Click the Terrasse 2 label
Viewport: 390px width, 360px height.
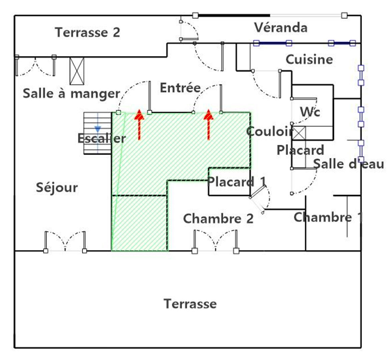[87, 33]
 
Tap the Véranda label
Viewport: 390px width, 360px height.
[281, 27]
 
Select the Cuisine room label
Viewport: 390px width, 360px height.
[309, 59]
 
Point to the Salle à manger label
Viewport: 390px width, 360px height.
[71, 94]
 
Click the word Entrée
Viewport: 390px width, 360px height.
[180, 88]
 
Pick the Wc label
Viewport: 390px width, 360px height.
[310, 112]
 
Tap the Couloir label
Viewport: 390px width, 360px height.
[270, 131]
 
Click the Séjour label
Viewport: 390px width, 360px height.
[57, 188]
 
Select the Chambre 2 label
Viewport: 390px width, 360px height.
[218, 219]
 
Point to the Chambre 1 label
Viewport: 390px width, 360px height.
[328, 217]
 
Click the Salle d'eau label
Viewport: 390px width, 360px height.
[348, 164]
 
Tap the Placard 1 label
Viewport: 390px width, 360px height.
[237, 182]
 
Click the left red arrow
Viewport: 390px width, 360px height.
[139, 125]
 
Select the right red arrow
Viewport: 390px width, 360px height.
[209, 125]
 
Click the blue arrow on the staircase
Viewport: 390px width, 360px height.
[98, 129]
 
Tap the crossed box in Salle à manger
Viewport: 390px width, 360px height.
[77, 71]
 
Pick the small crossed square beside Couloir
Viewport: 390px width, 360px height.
[299, 133]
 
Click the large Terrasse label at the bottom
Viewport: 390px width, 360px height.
[190, 304]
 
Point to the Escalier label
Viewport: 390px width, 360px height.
[101, 138]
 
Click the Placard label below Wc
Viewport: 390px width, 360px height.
[300, 150]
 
